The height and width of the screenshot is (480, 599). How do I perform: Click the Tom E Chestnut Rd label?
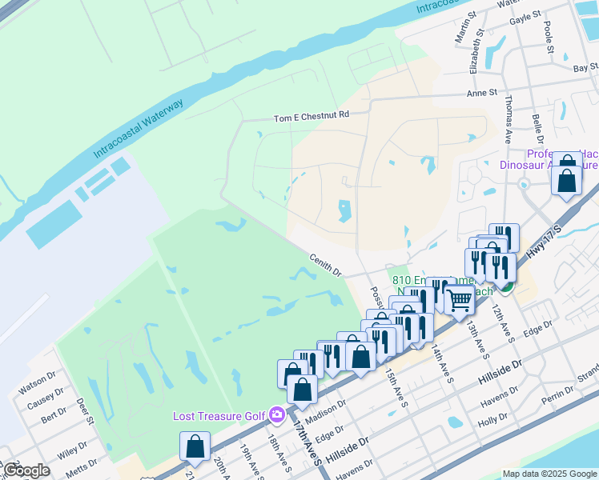312,115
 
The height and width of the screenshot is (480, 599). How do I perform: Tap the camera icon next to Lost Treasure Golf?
277,414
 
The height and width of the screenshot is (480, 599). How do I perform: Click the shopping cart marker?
459,301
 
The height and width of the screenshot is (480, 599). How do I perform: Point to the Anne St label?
482,93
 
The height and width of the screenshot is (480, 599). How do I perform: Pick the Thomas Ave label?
508,121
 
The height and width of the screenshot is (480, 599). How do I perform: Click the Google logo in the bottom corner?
26,470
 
